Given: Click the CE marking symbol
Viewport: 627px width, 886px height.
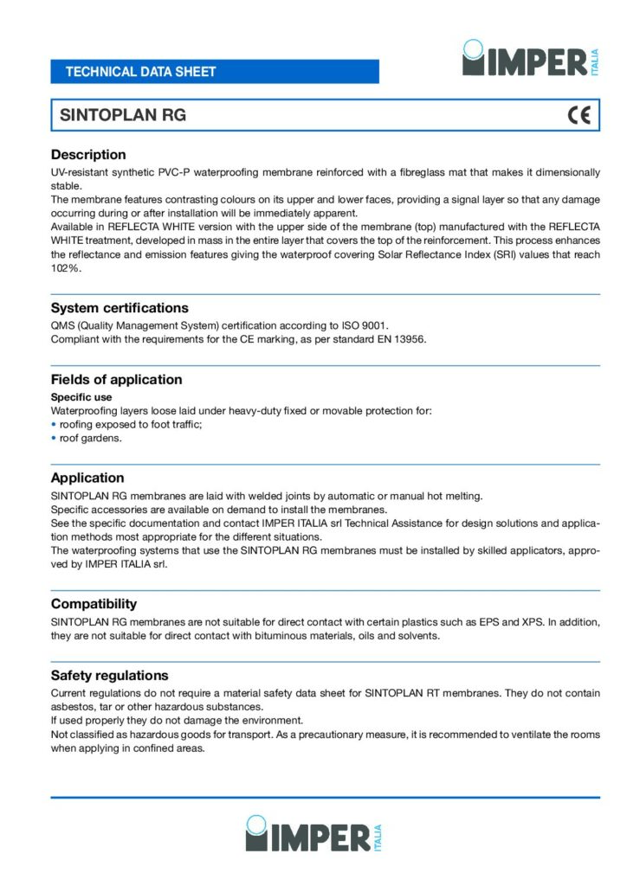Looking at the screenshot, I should point(579,115).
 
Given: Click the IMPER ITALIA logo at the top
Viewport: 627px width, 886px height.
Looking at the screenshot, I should point(531,59).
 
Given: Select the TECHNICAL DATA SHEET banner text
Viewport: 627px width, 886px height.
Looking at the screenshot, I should point(140,72).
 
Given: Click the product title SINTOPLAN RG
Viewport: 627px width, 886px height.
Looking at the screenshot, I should point(122,115).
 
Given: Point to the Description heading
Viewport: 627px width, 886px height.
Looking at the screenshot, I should point(88,155).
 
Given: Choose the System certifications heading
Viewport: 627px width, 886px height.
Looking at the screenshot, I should point(120,308).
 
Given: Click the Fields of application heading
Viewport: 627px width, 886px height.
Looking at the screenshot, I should point(116,380).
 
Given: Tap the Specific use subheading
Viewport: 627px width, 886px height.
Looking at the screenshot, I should point(81,397).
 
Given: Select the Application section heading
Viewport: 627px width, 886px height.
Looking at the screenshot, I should point(87,478).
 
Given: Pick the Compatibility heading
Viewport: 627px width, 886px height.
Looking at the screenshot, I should point(94,604).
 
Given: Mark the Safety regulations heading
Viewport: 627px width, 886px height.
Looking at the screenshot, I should point(109,676).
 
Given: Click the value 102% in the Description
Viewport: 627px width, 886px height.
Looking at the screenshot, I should point(66,269).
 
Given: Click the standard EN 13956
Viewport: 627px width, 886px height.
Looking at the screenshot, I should point(397,338).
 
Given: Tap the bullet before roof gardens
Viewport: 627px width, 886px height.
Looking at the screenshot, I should point(54,439).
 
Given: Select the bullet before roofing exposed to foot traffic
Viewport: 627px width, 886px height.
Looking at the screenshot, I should point(54,425).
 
